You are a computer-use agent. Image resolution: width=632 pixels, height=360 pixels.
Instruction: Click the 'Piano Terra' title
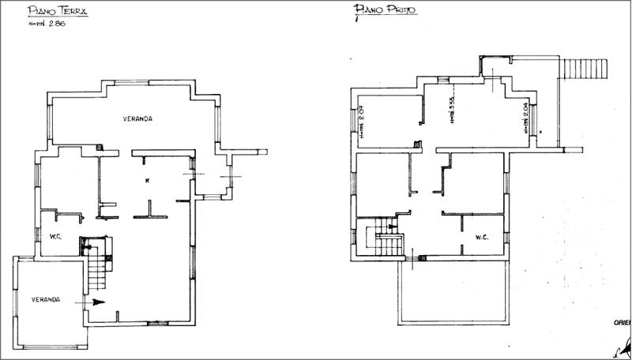click(x=58, y=12)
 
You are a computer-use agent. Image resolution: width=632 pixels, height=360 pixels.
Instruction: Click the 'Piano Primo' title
click(x=386, y=10)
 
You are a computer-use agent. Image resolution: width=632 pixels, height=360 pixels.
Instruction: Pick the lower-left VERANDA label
click(x=47, y=300)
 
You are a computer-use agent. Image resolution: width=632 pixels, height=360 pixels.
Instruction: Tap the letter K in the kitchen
click(x=148, y=181)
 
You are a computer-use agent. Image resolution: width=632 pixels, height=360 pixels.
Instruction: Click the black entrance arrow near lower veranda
click(x=92, y=302)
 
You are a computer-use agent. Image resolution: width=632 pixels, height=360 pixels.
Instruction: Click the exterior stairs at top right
click(x=584, y=71)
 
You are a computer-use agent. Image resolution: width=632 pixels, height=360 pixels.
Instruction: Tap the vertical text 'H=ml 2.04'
click(x=525, y=121)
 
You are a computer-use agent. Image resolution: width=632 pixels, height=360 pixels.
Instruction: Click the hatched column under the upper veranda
click(x=98, y=147)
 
